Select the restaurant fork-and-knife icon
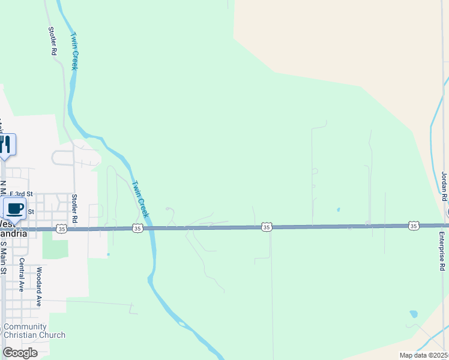coord(6,145)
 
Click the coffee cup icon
coord(15,209)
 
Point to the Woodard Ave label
coord(39,287)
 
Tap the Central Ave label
coord(21,275)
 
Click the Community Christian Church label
coord(34,331)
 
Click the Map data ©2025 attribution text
coord(423,355)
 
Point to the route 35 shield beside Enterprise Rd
coord(413,226)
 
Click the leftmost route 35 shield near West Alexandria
coord(61,229)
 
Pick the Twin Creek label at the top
coord(74,50)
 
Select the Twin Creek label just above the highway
coord(139,199)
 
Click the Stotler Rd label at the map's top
coord(53,41)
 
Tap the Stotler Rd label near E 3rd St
coord(75,209)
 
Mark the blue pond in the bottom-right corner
coord(413,314)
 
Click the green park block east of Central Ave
coord(54,244)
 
